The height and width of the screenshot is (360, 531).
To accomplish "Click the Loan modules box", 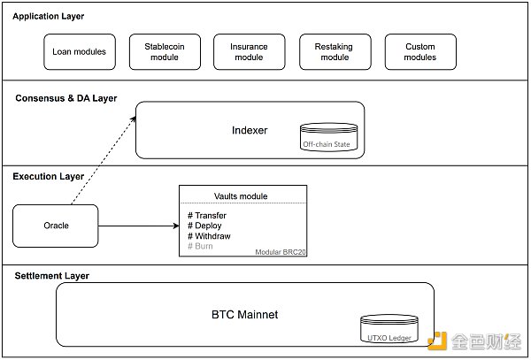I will click(x=80, y=51).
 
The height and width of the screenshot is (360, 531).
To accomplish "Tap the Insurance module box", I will click(x=249, y=51).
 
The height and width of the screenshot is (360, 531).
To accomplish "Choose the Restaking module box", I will click(x=335, y=51).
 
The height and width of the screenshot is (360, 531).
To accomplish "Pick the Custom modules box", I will click(x=419, y=51).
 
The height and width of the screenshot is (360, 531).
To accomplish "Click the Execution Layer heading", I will click(x=48, y=176).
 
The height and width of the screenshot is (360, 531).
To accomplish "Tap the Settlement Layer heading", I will click(x=51, y=276).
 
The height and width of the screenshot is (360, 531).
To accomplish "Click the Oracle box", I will click(x=56, y=226).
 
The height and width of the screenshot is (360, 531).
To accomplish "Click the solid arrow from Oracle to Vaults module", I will click(x=137, y=226).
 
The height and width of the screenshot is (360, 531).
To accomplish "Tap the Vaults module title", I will click(x=242, y=195).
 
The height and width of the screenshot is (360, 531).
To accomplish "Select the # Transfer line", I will click(x=207, y=215).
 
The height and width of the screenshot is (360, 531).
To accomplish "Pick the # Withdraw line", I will click(x=209, y=235).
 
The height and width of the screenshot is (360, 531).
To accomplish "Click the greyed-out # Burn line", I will click(x=201, y=246).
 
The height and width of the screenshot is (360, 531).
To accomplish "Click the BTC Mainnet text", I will click(x=244, y=314).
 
